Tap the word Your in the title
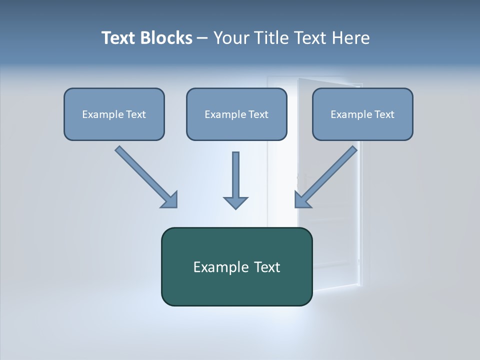[x=231, y=38]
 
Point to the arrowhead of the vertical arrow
[x=235, y=202]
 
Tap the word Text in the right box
[x=384, y=114]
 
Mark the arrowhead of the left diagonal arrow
[x=170, y=200]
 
